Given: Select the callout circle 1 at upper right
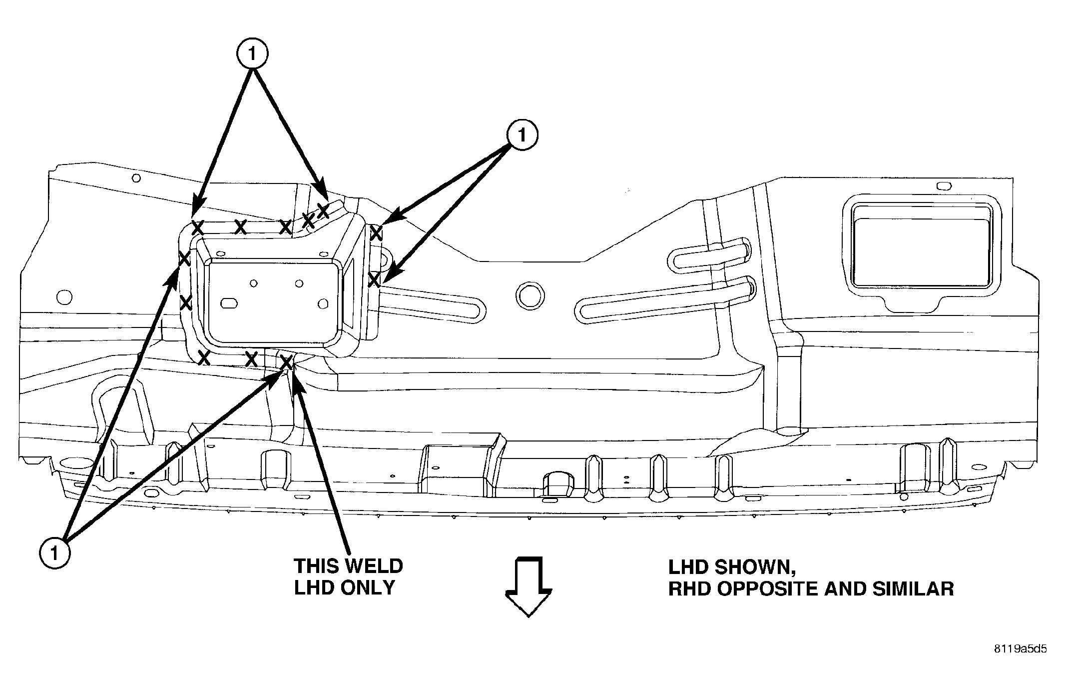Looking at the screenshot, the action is pyautogui.click(x=522, y=135).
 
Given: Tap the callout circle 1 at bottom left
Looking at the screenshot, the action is pyautogui.click(x=54, y=553).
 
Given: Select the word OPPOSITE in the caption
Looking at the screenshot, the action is pyautogui.click(x=769, y=589).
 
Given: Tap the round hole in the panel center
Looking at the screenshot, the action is pyautogui.click(x=529, y=296).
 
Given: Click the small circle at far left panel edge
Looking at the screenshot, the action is pyautogui.click(x=64, y=297).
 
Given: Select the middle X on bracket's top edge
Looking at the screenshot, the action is pyautogui.click(x=241, y=227).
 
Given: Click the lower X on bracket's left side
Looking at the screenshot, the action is pyautogui.click(x=185, y=302).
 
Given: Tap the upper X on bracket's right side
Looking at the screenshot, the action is pyautogui.click(x=376, y=232).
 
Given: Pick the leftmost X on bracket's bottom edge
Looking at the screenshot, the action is pyautogui.click(x=203, y=357).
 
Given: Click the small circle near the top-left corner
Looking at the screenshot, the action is pyautogui.click(x=136, y=178).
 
